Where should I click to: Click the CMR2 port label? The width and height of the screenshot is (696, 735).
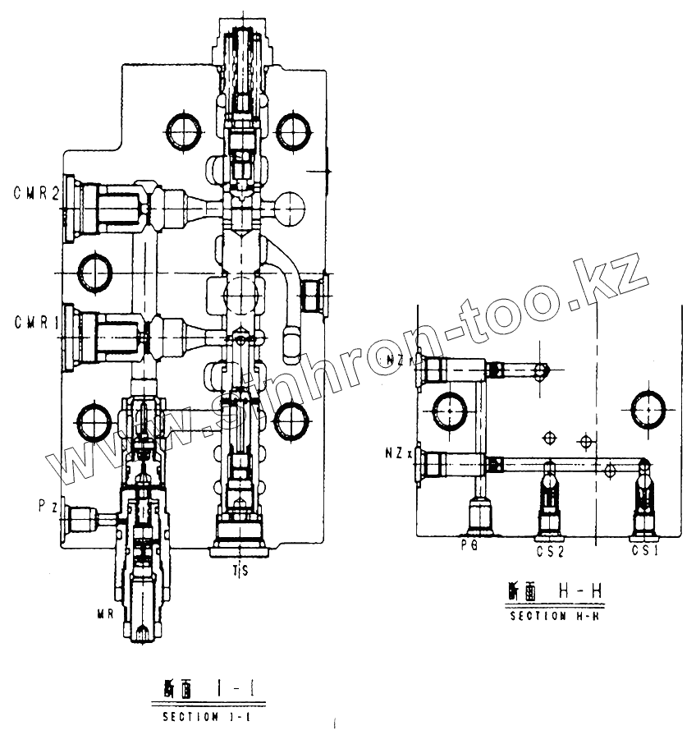[34, 195]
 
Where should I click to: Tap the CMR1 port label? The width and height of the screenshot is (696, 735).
[34, 324]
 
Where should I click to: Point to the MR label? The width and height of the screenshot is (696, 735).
[105, 612]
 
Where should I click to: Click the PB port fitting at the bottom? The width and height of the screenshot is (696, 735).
[478, 516]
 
